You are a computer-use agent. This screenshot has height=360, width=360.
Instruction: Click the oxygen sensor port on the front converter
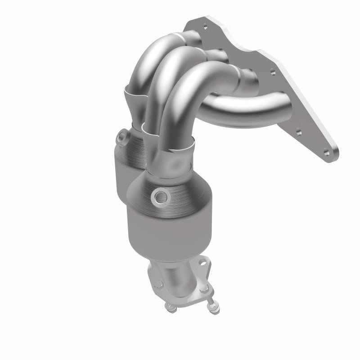tap(159, 196)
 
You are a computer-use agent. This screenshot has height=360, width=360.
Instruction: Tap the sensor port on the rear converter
tap(122, 136)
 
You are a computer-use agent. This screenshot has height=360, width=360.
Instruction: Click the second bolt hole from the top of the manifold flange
tap(271, 71)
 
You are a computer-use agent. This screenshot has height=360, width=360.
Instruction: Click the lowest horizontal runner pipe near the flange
tap(243, 106)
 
